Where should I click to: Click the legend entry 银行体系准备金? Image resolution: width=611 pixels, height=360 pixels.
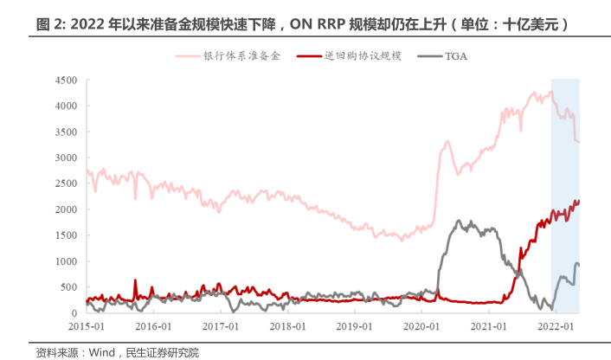[241, 56]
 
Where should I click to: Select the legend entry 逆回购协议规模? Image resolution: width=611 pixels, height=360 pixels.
[363, 56]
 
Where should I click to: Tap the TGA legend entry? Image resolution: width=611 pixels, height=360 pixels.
[457, 56]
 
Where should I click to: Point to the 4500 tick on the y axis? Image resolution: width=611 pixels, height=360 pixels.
[67, 80]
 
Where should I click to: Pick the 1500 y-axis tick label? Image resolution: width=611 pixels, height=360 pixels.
[67, 235]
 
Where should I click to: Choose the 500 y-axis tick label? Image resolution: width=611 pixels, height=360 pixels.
[69, 286]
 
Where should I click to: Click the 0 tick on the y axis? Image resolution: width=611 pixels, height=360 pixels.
[74, 312]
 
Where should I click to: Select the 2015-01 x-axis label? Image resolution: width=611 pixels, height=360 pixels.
[87, 326]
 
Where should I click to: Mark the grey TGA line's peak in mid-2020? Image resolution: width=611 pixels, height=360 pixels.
[459, 222]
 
